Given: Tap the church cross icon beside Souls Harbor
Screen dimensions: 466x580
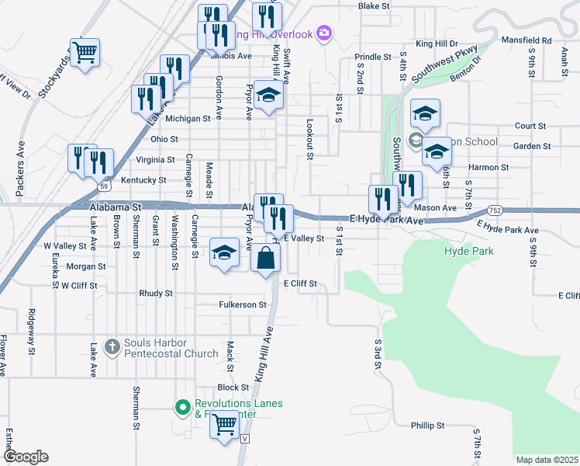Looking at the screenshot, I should pyautogui.click(x=112, y=346).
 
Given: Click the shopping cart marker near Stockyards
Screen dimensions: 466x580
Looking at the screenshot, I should pyautogui.click(x=85, y=53).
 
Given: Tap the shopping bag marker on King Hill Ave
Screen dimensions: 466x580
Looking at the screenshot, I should pyautogui.click(x=265, y=257).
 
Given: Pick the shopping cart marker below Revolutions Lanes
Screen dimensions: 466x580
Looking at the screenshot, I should pyautogui.click(x=224, y=425).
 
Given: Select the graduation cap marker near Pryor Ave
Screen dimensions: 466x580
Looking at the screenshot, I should pyautogui.click(x=225, y=252).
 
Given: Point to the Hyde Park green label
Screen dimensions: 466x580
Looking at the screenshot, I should pyautogui.click(x=468, y=252).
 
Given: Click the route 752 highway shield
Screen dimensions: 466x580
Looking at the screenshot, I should pyautogui.click(x=495, y=210).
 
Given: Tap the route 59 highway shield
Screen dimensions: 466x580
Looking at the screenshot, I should pyautogui.click(x=103, y=186).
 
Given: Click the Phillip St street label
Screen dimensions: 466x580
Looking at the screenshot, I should pyautogui.click(x=428, y=426).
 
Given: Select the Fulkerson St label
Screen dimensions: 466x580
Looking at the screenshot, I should pyautogui.click(x=243, y=304).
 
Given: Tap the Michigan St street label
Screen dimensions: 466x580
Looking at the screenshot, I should pyautogui.click(x=188, y=119).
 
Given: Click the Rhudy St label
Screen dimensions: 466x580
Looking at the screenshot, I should pyautogui.click(x=155, y=294).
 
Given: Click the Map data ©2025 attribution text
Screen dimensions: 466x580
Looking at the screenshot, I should pyautogui.click(x=547, y=460).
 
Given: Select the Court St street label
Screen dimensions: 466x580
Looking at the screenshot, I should pyautogui.click(x=530, y=126).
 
